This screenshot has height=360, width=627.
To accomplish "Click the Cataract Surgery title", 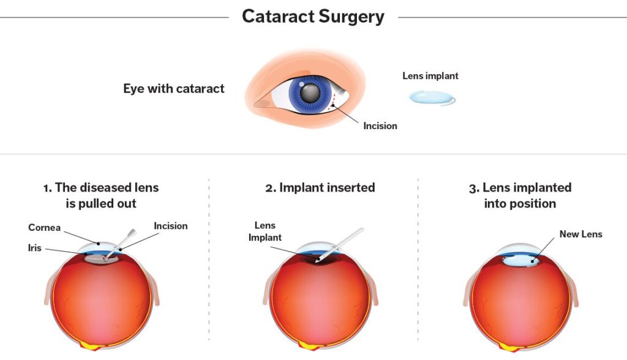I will [x=313, y=17].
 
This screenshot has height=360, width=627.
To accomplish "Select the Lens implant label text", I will [x=430, y=76].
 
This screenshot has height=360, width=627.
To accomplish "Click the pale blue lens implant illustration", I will [x=432, y=97].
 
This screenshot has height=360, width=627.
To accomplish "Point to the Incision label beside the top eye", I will [x=380, y=126].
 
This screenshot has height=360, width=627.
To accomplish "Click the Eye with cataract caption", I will [x=174, y=88].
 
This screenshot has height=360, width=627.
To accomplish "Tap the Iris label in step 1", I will [x=34, y=249].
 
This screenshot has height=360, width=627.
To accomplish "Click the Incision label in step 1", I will [x=171, y=226].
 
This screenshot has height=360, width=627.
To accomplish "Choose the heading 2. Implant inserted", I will [x=320, y=187].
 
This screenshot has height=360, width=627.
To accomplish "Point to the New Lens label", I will [x=580, y=234].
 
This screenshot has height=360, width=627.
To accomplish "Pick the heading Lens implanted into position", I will [x=520, y=195].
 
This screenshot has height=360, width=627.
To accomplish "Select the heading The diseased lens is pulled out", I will [x=100, y=195].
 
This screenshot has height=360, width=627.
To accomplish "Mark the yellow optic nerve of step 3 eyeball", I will [x=510, y=347].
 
